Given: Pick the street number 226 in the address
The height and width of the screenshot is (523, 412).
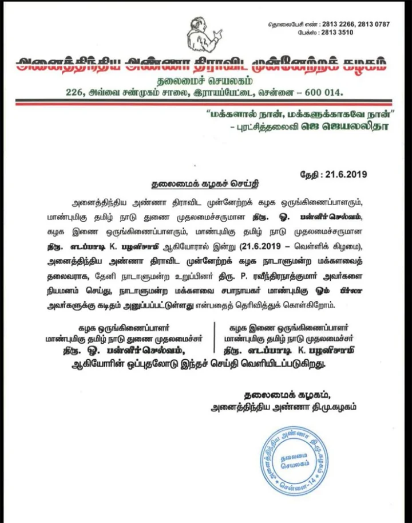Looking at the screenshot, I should coord(74,92).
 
